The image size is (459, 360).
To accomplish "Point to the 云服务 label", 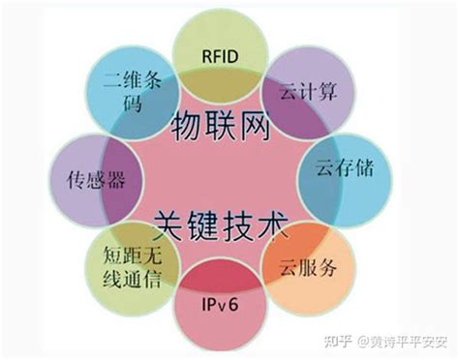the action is (x=309, y=268).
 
